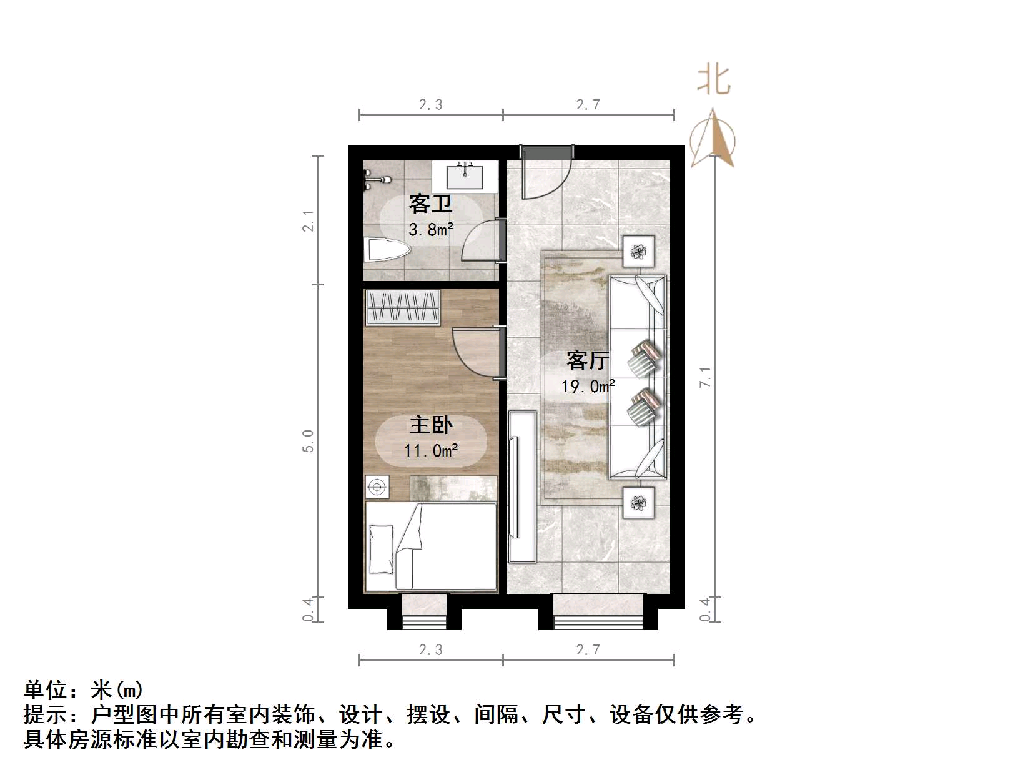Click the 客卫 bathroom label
(430, 204)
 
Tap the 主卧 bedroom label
(430, 425)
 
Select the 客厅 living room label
(587, 360)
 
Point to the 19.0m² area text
(588, 387)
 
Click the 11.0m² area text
(431, 450)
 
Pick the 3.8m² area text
(431, 230)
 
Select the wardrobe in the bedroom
(403, 307)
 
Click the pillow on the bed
(381, 548)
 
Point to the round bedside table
(377, 486)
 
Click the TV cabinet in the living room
(521, 486)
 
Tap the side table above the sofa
(638, 252)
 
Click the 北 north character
(714, 81)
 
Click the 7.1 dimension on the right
(705, 377)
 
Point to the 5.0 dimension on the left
(307, 441)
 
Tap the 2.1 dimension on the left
(307, 220)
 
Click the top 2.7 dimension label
(588, 105)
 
